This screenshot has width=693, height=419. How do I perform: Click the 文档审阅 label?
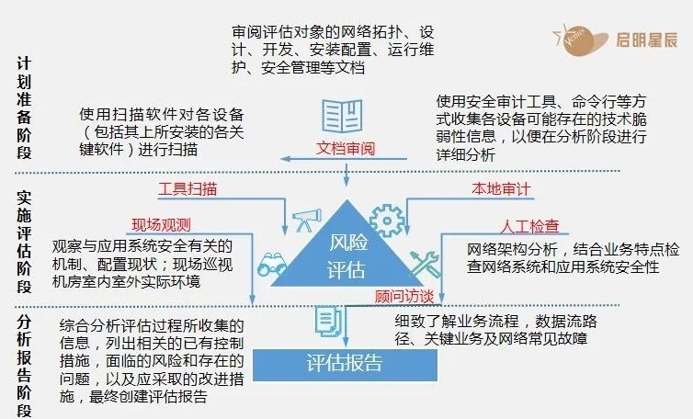346,148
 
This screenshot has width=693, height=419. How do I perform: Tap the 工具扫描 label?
187,189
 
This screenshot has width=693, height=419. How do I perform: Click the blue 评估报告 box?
344,363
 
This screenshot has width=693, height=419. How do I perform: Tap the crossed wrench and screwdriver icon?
424,265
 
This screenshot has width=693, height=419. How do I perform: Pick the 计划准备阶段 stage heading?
24,108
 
